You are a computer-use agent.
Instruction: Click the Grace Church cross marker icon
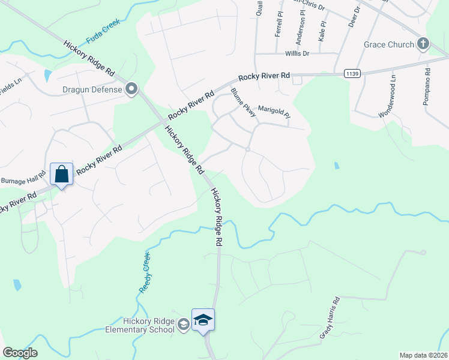click(x=424, y=44)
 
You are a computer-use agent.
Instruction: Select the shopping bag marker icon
click(x=61, y=175)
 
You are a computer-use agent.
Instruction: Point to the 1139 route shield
click(x=353, y=73)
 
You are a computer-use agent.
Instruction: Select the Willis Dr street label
click(x=297, y=53)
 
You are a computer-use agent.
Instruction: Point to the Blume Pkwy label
click(x=243, y=102)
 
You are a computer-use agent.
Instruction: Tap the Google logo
click(x=20, y=353)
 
